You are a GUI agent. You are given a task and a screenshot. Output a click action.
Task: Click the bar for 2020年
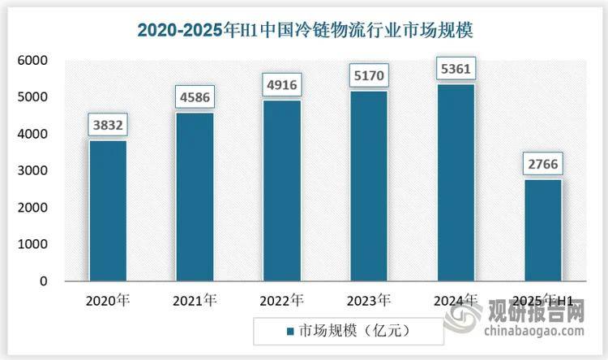108,211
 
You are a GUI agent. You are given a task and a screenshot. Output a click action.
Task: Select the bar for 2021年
195,197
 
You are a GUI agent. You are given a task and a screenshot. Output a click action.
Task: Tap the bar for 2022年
282,191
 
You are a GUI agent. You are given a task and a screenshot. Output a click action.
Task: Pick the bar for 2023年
368,186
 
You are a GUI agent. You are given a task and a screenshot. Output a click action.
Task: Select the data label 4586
195,97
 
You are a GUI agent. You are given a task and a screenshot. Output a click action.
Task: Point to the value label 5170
368,76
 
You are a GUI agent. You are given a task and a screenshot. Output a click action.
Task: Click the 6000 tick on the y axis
33,61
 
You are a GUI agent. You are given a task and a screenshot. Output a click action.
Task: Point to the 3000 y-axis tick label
33,171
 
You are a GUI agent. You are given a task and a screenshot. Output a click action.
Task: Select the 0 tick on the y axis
45,281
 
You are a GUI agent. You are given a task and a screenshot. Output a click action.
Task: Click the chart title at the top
304,31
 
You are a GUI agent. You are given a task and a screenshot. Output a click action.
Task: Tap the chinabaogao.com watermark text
536,331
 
